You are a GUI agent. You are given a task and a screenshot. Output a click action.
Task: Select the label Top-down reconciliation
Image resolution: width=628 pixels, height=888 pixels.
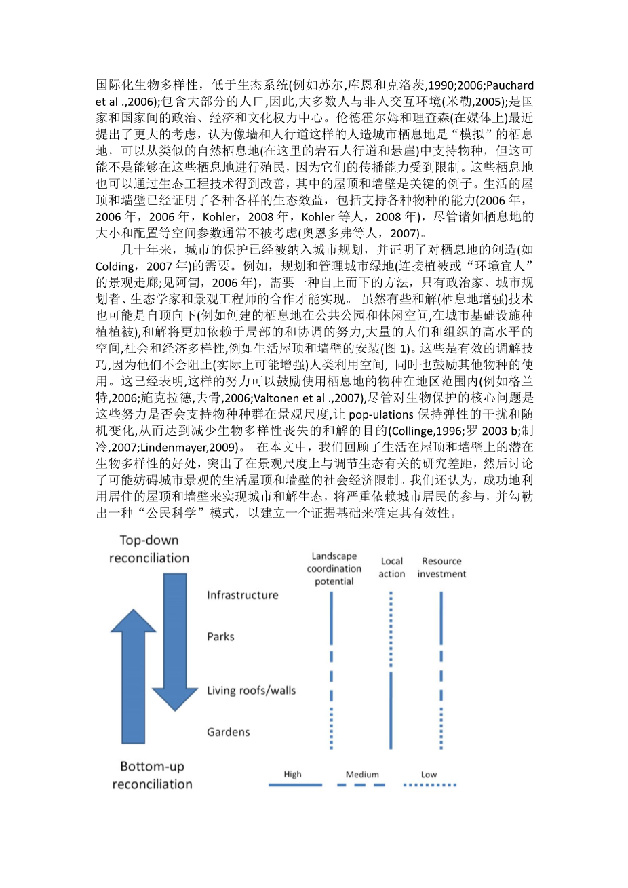coord(149,549)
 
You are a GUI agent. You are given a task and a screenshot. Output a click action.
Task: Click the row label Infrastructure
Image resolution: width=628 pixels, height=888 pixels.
coord(243,595)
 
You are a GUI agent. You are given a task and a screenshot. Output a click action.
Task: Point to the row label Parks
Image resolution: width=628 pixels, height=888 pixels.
coord(220,636)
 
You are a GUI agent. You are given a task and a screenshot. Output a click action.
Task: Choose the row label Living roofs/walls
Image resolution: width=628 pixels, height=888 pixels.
coord(252,691)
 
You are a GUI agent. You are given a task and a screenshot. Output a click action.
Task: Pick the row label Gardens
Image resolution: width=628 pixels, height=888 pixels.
coord(228,732)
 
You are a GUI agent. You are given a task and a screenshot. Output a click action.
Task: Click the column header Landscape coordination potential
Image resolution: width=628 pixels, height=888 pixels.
coord(334,568)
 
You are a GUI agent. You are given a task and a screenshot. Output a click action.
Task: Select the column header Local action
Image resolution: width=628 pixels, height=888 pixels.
coord(392,567)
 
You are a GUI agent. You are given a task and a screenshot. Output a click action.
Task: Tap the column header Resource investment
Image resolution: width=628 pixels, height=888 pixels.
coord(441,567)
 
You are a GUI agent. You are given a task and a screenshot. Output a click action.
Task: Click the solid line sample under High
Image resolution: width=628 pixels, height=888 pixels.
coord(295,785)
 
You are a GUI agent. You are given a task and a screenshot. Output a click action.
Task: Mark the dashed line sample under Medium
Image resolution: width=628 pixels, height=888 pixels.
coord(362,785)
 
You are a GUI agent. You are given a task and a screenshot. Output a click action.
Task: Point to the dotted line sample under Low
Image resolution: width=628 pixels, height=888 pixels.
coord(429,785)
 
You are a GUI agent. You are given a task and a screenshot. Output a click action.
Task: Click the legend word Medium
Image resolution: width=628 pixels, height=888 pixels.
coord(362,774)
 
